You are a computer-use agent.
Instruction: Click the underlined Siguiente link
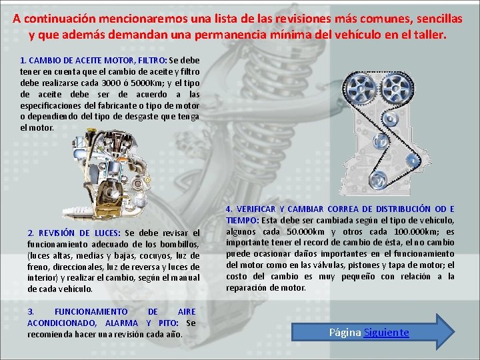pos(386,332)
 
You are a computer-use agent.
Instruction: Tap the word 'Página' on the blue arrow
pos(345,332)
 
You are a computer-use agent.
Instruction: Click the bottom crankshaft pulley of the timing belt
pos(377,179)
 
